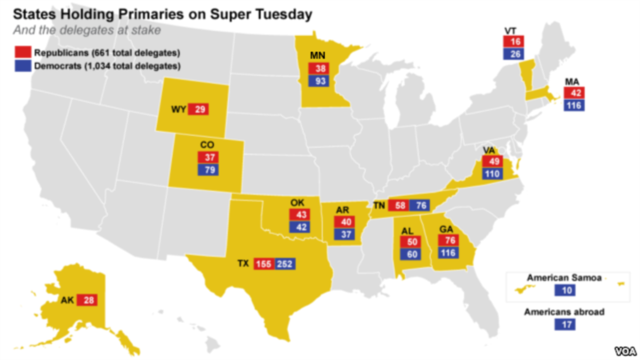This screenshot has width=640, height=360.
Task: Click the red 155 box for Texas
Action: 263,264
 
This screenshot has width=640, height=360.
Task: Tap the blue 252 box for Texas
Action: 285,264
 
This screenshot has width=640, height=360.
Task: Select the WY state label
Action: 178,110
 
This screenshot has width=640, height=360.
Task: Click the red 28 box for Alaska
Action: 87,300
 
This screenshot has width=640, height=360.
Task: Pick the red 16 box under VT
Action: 514,42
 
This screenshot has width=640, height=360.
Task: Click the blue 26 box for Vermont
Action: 514,54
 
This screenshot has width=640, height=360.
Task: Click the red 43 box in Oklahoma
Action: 299,214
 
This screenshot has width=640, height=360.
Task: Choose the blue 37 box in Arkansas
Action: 345,234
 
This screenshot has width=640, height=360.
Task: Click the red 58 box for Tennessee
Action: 397,205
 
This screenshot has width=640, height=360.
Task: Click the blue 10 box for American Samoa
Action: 565,290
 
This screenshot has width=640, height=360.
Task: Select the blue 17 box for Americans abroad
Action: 565,324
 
